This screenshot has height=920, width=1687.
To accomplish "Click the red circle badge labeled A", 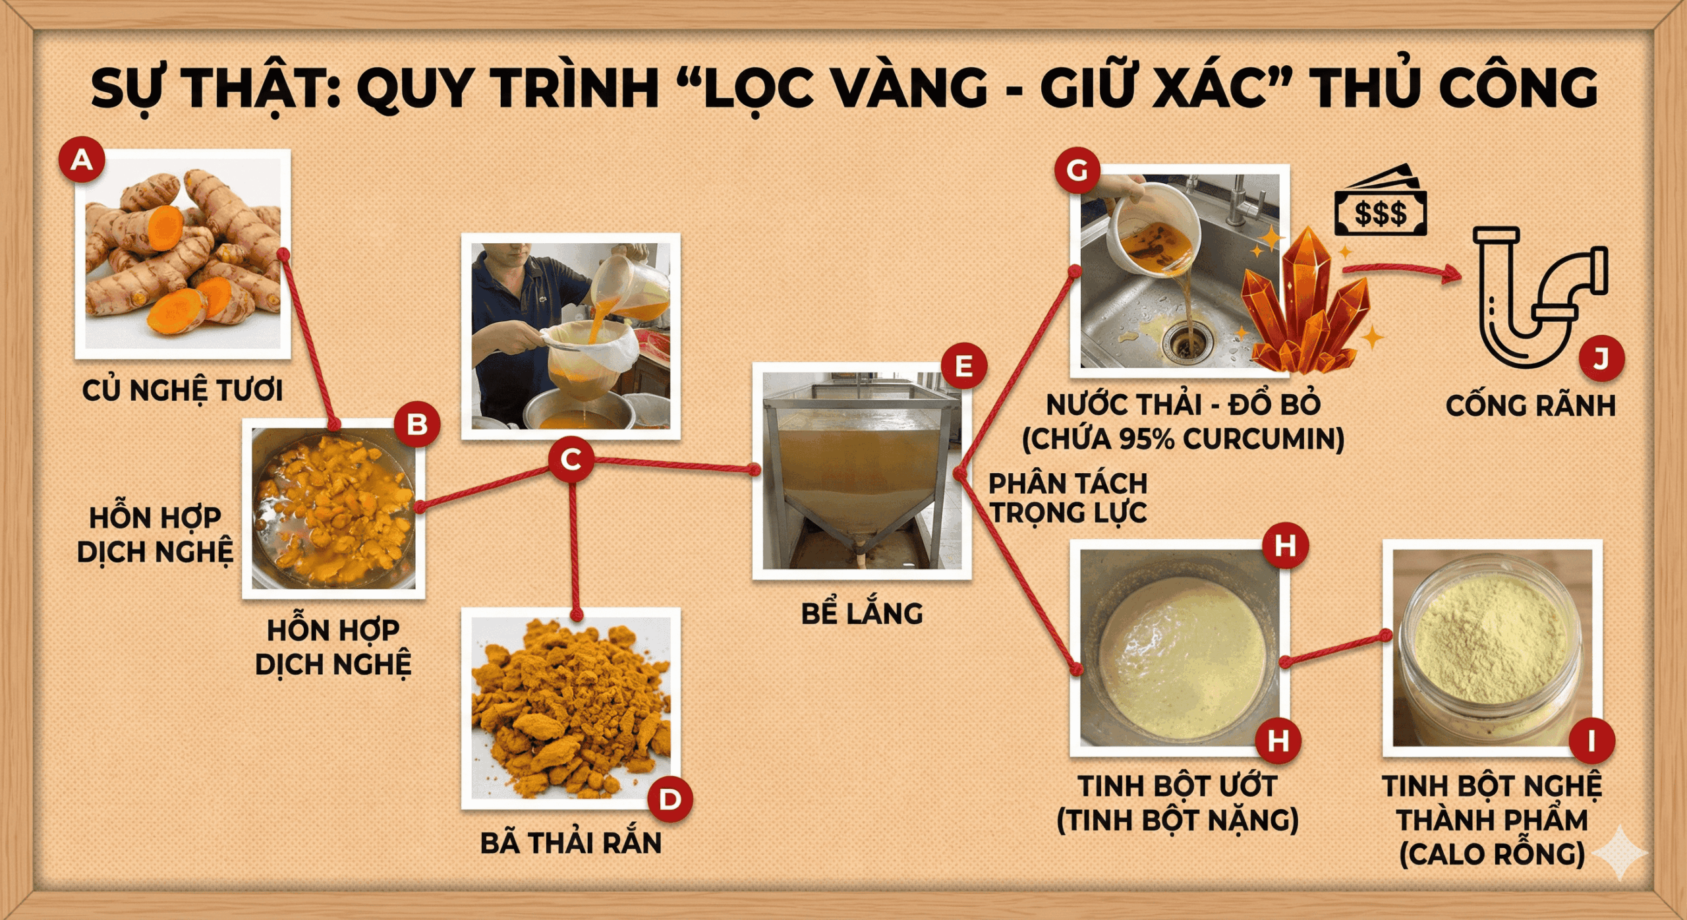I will tap(82, 159).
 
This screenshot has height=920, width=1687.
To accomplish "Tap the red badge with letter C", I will tap(571, 460).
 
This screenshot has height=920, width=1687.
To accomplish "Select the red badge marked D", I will tap(670, 799).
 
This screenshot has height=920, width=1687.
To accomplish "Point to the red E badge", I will tap(963, 365).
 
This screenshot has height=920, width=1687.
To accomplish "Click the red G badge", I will tap(1077, 171).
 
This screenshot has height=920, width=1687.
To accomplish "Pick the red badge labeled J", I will tap(1601, 359).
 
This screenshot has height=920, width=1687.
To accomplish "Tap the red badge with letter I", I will tap(1591, 740).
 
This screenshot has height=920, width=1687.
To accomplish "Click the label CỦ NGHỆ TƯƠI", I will tap(183, 390).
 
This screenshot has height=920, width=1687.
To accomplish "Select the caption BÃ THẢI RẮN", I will tap(571, 844).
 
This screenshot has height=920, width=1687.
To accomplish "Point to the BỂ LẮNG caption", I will tap(862, 614).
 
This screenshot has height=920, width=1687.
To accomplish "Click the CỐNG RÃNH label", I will tap(1530, 406).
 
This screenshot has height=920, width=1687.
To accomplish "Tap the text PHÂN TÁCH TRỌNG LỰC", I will tap(1068, 498).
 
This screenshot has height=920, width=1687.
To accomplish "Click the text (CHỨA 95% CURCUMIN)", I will tap(1183, 440).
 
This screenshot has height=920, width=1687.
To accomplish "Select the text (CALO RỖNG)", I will tap(1492, 854).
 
